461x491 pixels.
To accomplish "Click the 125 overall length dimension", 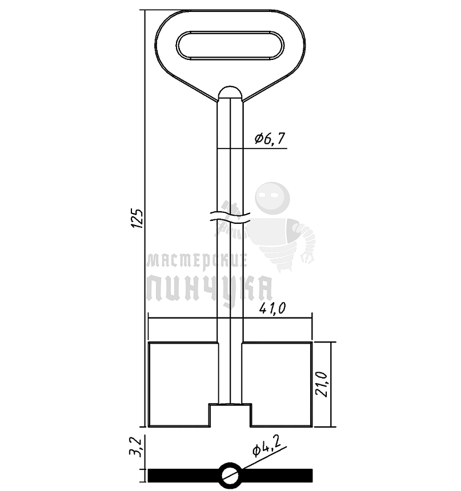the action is click(x=138, y=218).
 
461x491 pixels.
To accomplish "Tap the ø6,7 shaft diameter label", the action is click(x=270, y=138).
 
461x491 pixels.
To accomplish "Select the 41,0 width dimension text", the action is click(x=272, y=309).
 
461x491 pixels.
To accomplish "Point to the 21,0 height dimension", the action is click(x=322, y=385).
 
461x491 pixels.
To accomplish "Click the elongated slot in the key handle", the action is click(x=230, y=45).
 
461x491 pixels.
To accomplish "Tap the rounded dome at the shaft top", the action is click(x=230, y=93).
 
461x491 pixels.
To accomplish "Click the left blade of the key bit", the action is click(x=183, y=384).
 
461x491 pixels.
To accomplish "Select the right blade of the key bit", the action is click(x=277, y=384).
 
